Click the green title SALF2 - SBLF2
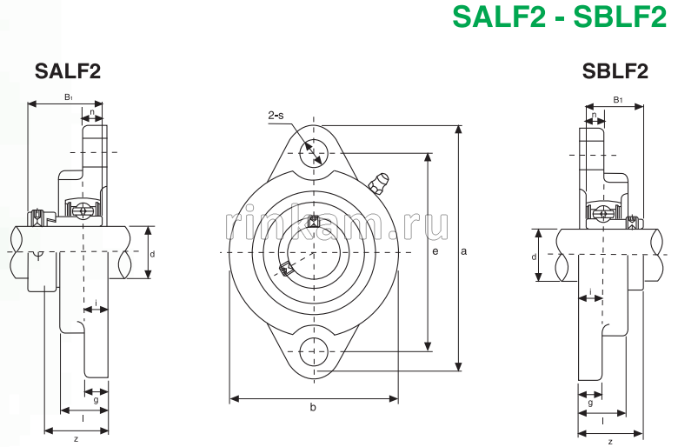(x=558, y=17)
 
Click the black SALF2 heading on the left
(x=68, y=71)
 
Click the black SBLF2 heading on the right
(x=615, y=71)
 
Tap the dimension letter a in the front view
(x=464, y=251)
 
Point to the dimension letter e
(x=435, y=251)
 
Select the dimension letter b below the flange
(x=313, y=407)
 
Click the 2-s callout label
(x=276, y=115)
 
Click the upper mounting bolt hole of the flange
(x=311, y=155)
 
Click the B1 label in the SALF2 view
(x=69, y=97)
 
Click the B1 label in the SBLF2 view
(x=618, y=100)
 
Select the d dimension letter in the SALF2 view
(x=152, y=254)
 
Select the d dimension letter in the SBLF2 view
(x=534, y=257)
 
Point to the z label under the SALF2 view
(x=76, y=438)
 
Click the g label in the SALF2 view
(x=96, y=400)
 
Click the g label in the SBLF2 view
(x=590, y=403)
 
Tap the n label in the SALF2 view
(x=92, y=111)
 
